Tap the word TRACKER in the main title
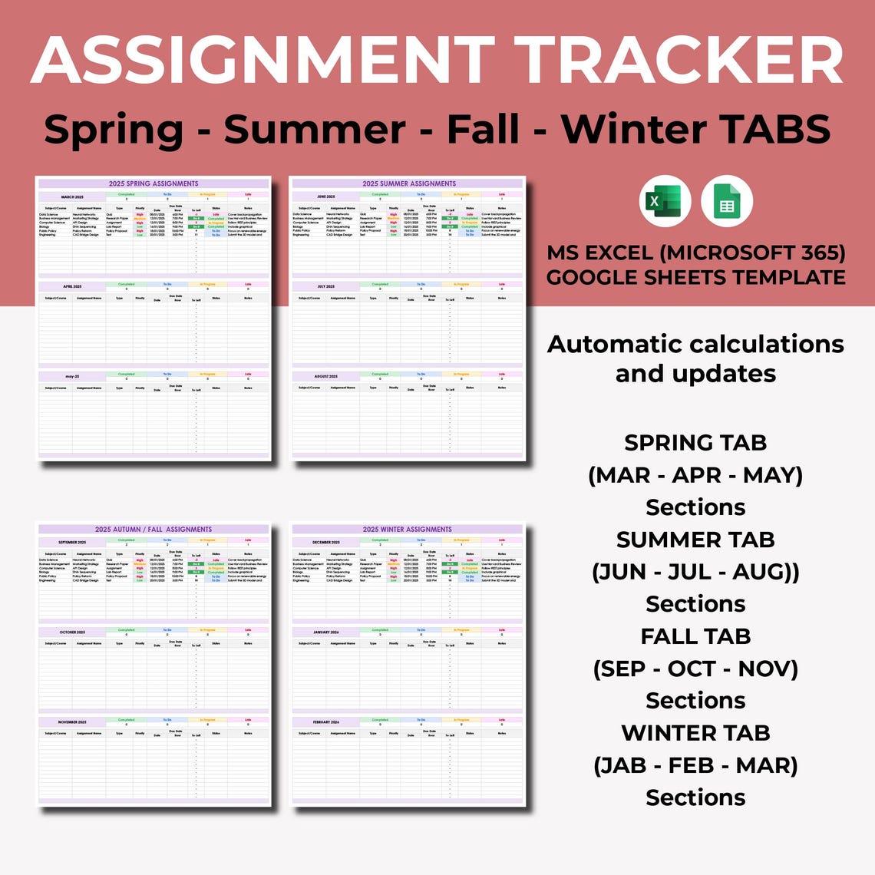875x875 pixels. pos(679,61)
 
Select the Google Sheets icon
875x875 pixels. pos(727,202)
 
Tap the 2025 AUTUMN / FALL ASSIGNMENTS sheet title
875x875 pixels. pos(154,529)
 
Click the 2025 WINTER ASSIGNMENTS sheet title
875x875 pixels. pos(408,529)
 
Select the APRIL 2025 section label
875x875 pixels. pos(72,286)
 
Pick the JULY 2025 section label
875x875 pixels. pos(325,286)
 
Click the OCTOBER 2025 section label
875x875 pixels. pos(72,632)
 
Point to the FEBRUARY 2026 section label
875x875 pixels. pos(325,722)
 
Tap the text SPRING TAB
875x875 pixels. pos(695,443)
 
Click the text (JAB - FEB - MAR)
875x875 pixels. pos(695,765)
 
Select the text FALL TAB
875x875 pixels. pos(695,636)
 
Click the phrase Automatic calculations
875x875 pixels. pos(695,344)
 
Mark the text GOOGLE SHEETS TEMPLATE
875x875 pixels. pos(695,276)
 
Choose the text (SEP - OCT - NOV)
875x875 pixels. pos(695,669)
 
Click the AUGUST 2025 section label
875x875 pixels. pos(325,376)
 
